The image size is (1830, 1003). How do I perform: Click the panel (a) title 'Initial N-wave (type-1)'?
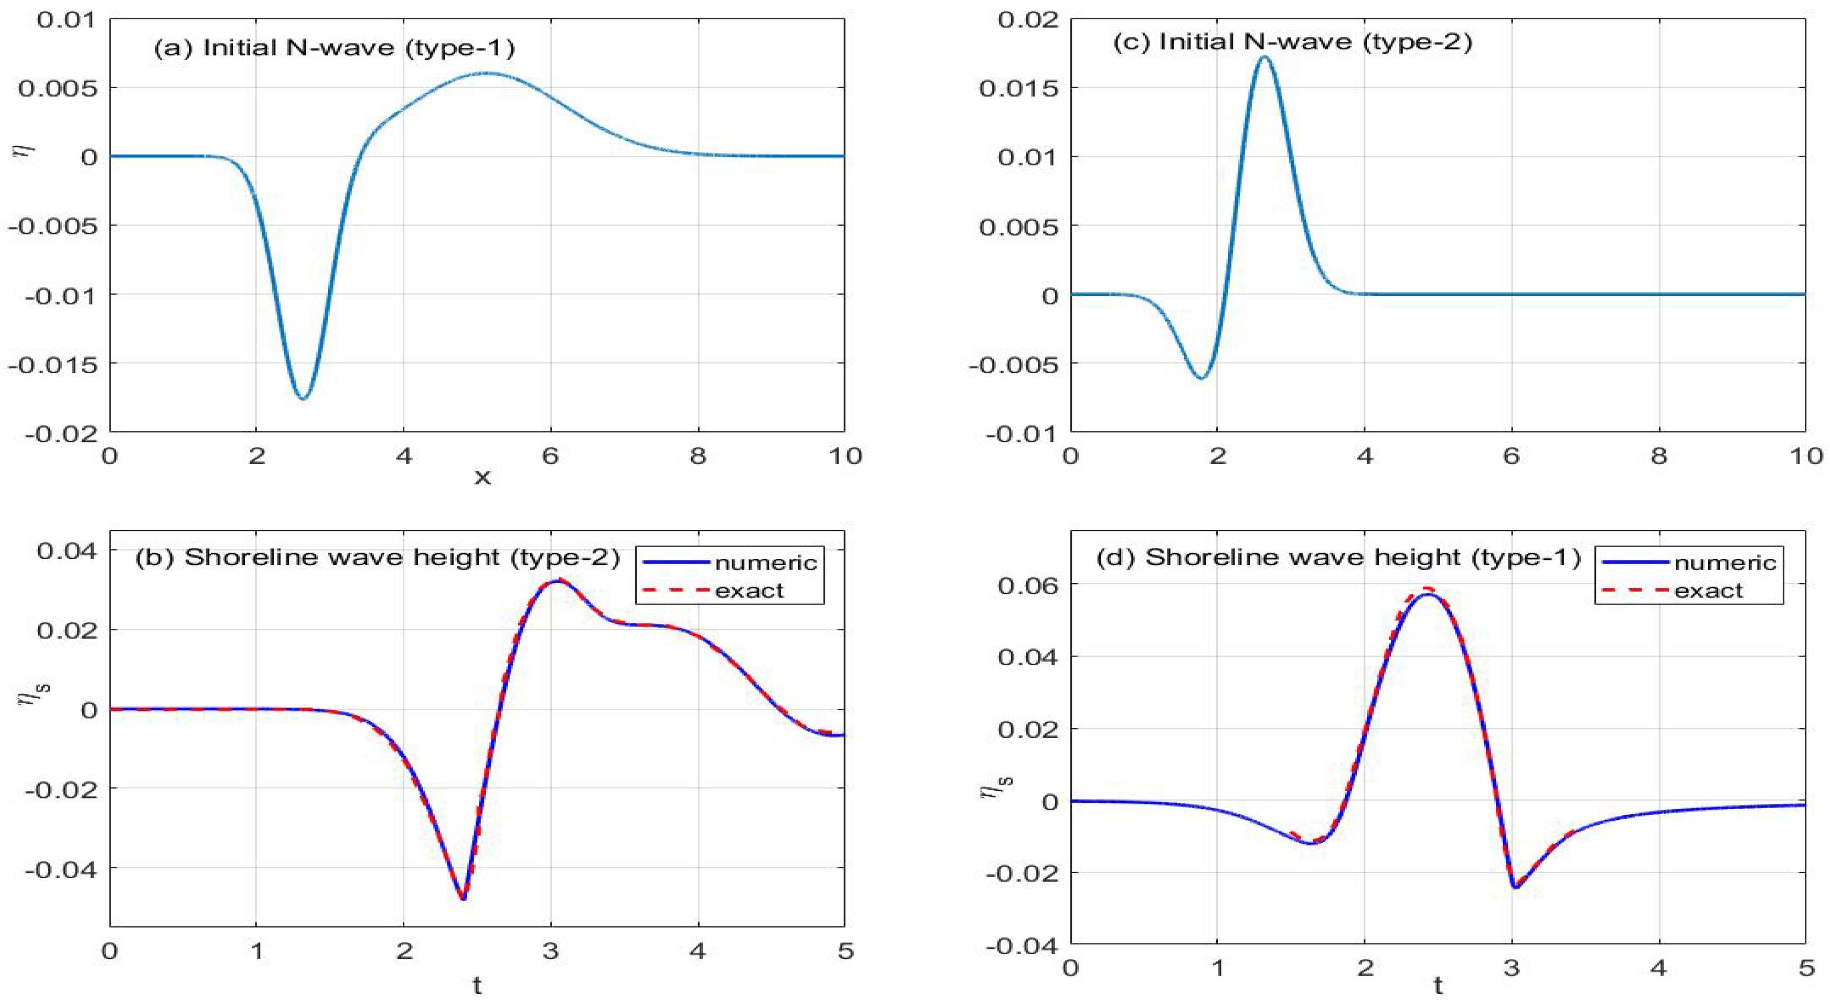[x=334, y=48]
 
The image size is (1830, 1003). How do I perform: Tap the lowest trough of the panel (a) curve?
[x=303, y=398]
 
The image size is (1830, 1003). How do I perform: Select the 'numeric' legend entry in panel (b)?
[x=765, y=563]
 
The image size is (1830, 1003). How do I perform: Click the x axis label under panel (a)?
[x=482, y=477]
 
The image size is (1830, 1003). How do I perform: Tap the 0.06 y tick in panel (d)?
[x=1027, y=585]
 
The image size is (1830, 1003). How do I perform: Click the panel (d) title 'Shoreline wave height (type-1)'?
[x=1338, y=558]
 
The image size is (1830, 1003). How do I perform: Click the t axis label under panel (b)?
[x=477, y=985]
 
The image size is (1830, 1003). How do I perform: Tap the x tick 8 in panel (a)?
[x=698, y=455]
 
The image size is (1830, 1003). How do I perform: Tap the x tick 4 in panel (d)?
[x=1658, y=968]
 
